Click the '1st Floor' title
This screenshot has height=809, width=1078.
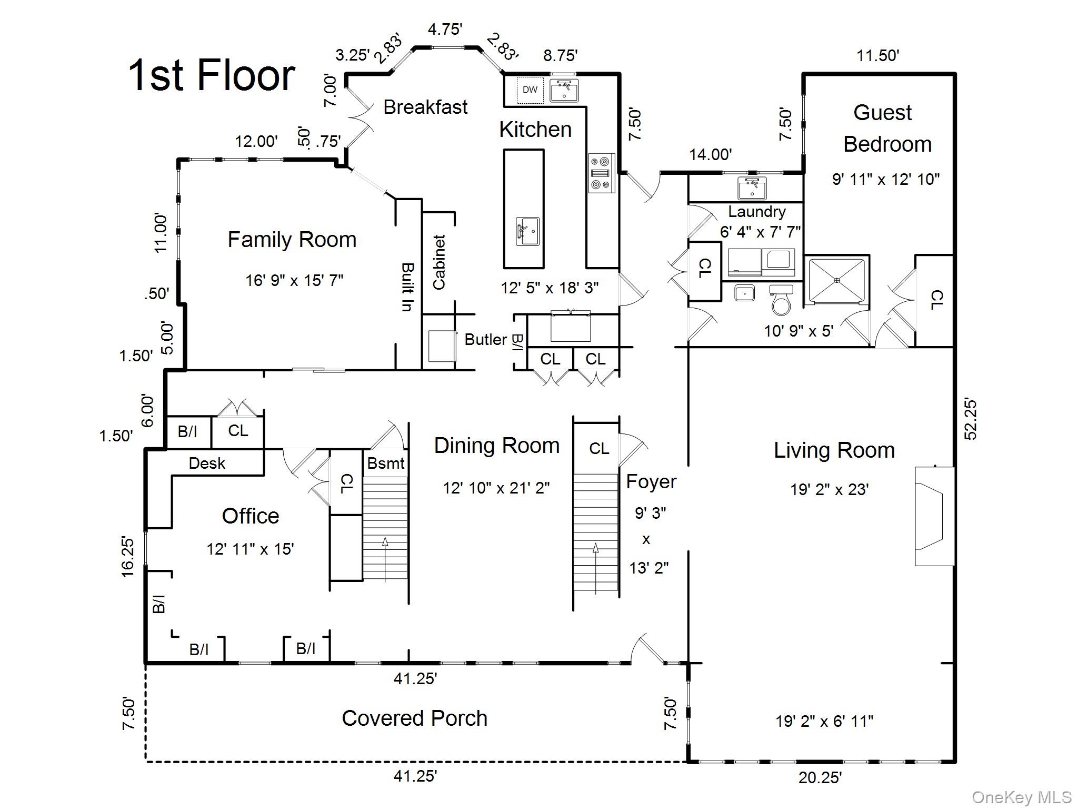coord(212,75)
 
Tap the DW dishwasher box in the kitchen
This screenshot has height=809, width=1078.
coord(530,90)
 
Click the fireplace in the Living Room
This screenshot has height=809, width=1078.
coord(934,516)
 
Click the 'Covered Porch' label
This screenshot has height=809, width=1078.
coord(414,718)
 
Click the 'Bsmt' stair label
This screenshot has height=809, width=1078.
coord(386,463)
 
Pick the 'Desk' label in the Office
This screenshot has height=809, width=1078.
coord(207,463)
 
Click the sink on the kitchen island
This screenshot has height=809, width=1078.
coord(527,231)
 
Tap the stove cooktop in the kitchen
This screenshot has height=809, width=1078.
coord(601,173)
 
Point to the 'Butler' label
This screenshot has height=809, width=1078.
coord(485,340)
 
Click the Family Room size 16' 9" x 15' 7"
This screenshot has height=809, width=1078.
coord(294,280)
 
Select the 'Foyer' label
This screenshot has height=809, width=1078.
coord(651,481)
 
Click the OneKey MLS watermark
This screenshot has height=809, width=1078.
coord(1021,797)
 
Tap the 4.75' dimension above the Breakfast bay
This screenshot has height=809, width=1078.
coord(445,29)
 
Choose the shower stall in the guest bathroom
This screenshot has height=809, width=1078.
coord(836,280)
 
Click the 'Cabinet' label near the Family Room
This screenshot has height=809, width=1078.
coord(439,262)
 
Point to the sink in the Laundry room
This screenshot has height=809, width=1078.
coord(752,188)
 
